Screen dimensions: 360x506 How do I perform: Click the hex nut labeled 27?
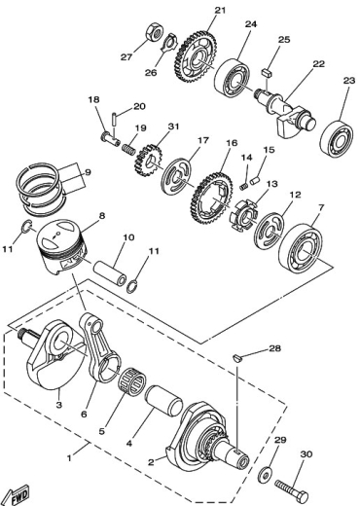pos(155,32)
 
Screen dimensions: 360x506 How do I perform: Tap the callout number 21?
pos(220,10)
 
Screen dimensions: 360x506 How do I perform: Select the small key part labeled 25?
pos(267,72)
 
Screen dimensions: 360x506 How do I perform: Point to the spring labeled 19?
pos(129,150)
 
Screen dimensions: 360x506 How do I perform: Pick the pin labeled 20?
pos(115,119)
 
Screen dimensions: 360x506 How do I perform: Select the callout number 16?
pos(232,142)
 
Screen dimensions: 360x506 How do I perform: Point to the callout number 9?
pos(89,172)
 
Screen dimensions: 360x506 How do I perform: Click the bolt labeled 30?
pos(292,489)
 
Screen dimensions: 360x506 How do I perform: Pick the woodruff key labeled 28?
pos(237,358)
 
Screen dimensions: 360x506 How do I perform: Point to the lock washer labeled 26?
pos(168,43)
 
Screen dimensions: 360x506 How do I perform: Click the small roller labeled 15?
pos(256,179)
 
